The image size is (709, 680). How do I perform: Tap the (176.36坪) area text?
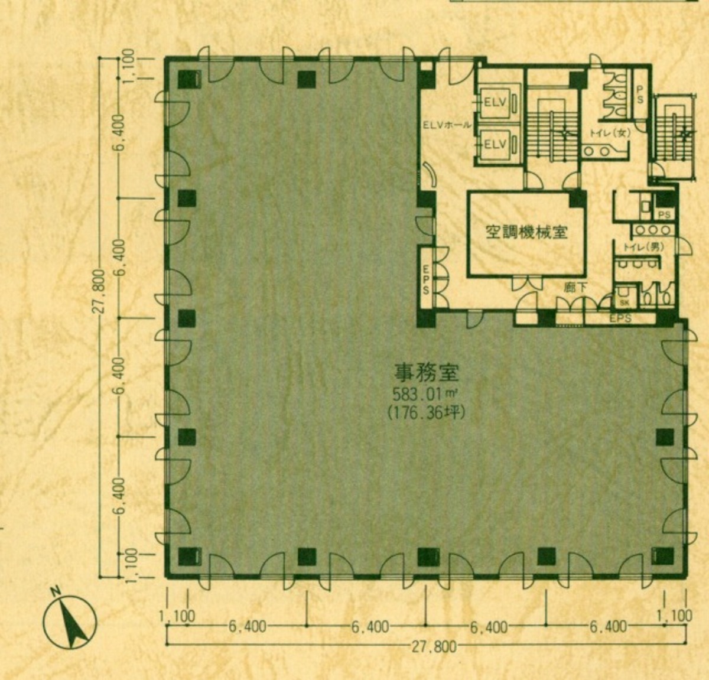tap(425, 412)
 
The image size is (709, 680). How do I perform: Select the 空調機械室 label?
tap(526, 232)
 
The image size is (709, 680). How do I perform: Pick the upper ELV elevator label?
tap(495, 102)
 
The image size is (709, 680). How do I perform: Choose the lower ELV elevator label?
tap(495, 144)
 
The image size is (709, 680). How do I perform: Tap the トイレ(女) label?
tap(609, 133)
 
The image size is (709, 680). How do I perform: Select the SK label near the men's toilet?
tap(625, 302)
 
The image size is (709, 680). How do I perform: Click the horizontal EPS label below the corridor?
tap(620, 318)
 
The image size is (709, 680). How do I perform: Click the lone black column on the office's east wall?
tap(664, 437)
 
